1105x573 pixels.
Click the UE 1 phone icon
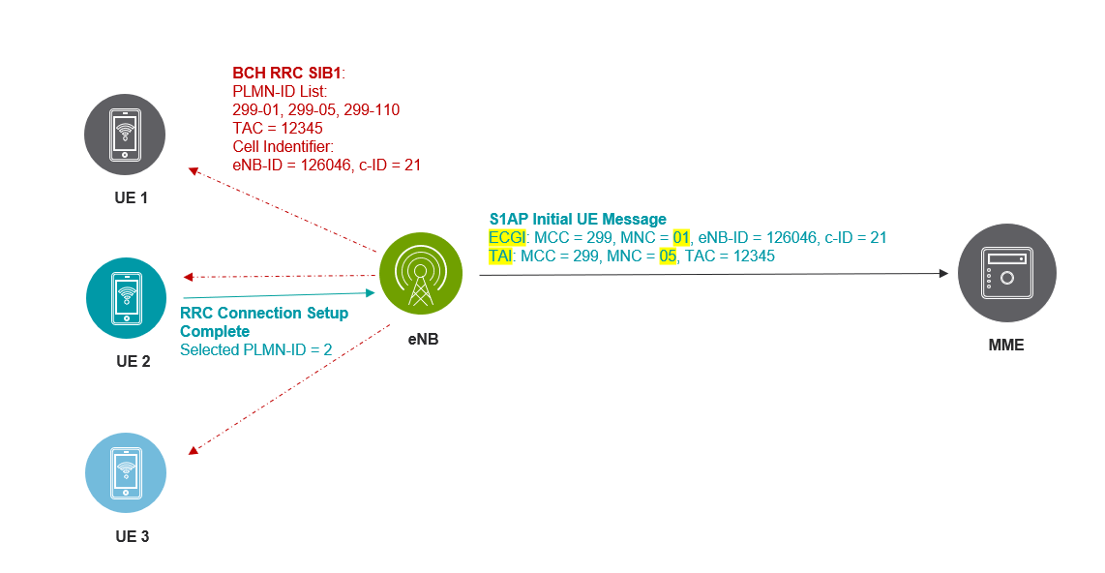click(x=125, y=135)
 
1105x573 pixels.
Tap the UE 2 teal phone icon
click(x=126, y=298)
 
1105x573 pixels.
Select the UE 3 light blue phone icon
click(x=126, y=472)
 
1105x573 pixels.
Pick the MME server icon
click(x=1006, y=274)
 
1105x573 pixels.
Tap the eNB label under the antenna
click(x=422, y=340)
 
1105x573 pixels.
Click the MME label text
click(x=1006, y=344)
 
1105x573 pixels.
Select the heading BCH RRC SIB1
click(x=287, y=74)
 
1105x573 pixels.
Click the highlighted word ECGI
click(x=507, y=238)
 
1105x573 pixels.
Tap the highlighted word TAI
click(x=502, y=256)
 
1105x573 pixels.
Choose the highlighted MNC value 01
click(x=681, y=238)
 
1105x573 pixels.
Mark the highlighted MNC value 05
click(x=668, y=256)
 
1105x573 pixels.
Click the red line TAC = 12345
click(x=277, y=129)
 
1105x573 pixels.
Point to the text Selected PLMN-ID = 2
click(x=256, y=349)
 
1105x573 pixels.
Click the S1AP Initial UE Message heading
click(x=578, y=220)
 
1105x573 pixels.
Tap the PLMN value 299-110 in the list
click(x=373, y=110)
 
